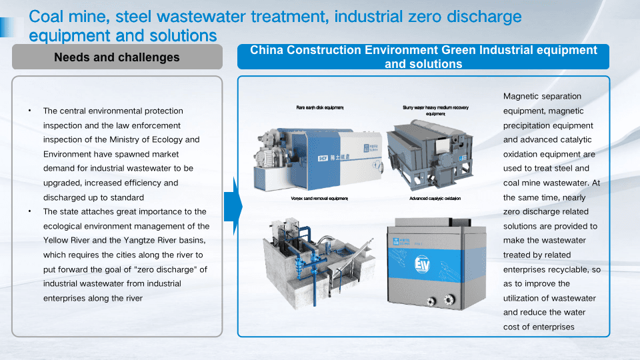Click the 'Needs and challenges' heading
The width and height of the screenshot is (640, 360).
pos(117,57)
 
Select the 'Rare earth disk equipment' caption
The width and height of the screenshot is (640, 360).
pos(320,107)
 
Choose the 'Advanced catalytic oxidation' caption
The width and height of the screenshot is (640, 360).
pos(435,199)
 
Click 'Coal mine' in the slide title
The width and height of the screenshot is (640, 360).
pos(62,17)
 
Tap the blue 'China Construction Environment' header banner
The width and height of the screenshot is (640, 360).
pos(423,57)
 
